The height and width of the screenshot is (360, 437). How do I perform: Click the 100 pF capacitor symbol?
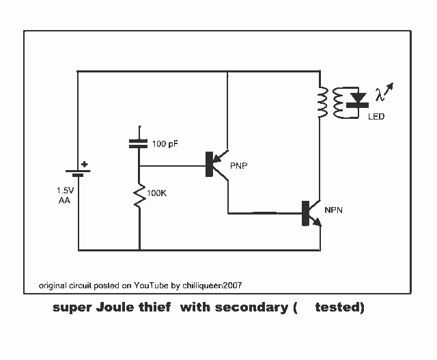[x=138, y=143]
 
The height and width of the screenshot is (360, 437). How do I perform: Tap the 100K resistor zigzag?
[x=139, y=195]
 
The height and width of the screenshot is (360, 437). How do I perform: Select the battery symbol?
[x=78, y=173]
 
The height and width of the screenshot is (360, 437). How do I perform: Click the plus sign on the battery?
[x=84, y=165]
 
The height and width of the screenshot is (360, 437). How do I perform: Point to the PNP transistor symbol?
[x=217, y=165]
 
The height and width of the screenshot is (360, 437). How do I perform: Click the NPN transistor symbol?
[x=311, y=213]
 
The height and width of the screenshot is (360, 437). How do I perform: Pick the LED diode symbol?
[x=358, y=101]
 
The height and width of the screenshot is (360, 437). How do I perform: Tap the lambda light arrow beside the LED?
[x=384, y=92]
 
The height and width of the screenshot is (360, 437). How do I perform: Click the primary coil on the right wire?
[x=323, y=102]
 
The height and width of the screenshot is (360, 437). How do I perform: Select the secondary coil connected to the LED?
[x=338, y=102]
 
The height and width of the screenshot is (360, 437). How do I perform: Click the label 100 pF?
[x=165, y=144]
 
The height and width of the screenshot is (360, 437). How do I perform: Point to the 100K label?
[x=156, y=193]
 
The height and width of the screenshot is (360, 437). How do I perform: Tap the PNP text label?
[x=239, y=165]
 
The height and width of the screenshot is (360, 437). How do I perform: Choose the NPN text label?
[x=333, y=210]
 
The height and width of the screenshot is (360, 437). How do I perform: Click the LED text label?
[x=376, y=116]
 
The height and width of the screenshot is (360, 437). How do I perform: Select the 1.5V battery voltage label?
[x=66, y=191]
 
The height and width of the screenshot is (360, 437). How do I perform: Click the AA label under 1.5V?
[x=64, y=200]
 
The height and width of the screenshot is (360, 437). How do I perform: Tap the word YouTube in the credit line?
[x=151, y=286]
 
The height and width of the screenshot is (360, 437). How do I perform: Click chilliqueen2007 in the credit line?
[x=212, y=286]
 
